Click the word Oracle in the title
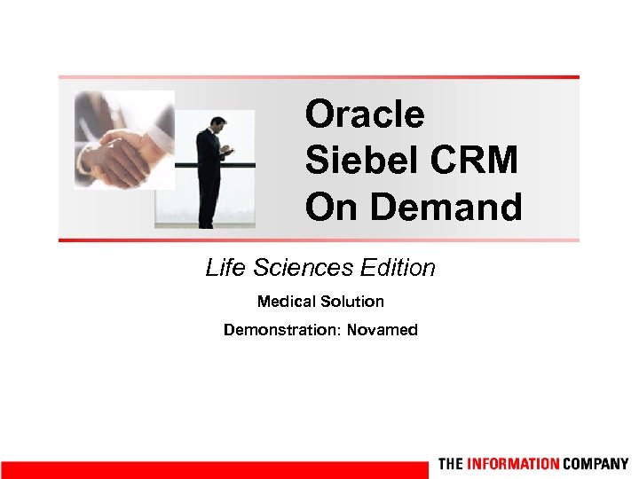(x=365, y=114)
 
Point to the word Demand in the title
(x=446, y=208)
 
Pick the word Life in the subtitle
(x=224, y=267)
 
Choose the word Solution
(x=353, y=302)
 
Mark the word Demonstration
(x=281, y=330)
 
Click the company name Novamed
(x=382, y=330)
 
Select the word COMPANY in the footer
(x=596, y=464)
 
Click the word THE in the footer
(x=450, y=464)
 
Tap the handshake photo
(x=124, y=139)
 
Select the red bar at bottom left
(x=213, y=469)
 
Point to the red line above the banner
(x=319, y=77)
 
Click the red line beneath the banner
(x=319, y=240)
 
